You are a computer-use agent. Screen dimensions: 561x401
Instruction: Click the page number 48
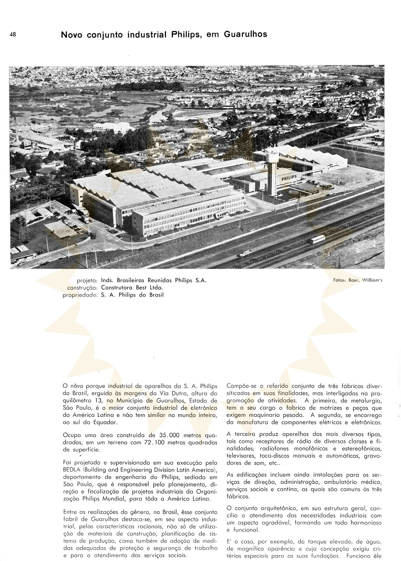point(13,34)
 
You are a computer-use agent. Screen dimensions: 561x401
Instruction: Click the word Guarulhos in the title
point(245,34)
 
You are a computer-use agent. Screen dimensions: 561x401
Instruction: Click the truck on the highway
point(245,253)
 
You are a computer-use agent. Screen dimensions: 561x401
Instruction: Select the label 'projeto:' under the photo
point(87,280)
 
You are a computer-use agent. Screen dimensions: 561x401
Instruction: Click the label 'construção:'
point(82,288)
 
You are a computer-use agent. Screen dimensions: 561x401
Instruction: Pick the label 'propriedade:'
point(80,295)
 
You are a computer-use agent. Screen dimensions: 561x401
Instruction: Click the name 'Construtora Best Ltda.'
point(132,288)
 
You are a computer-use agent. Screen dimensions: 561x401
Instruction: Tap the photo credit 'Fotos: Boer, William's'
point(357,280)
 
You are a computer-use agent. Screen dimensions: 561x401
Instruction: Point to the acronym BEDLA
point(72,470)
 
